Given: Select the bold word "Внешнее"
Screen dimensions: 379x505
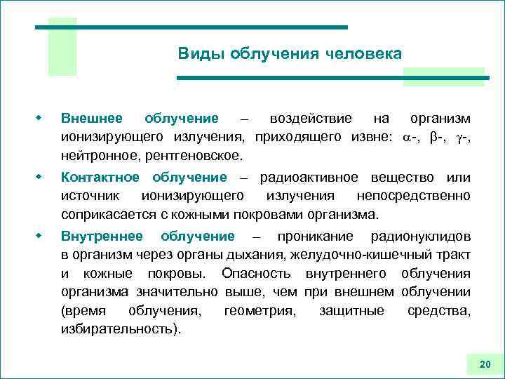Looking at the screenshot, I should [92, 118].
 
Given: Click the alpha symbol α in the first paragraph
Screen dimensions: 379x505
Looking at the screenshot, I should [403, 136].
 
